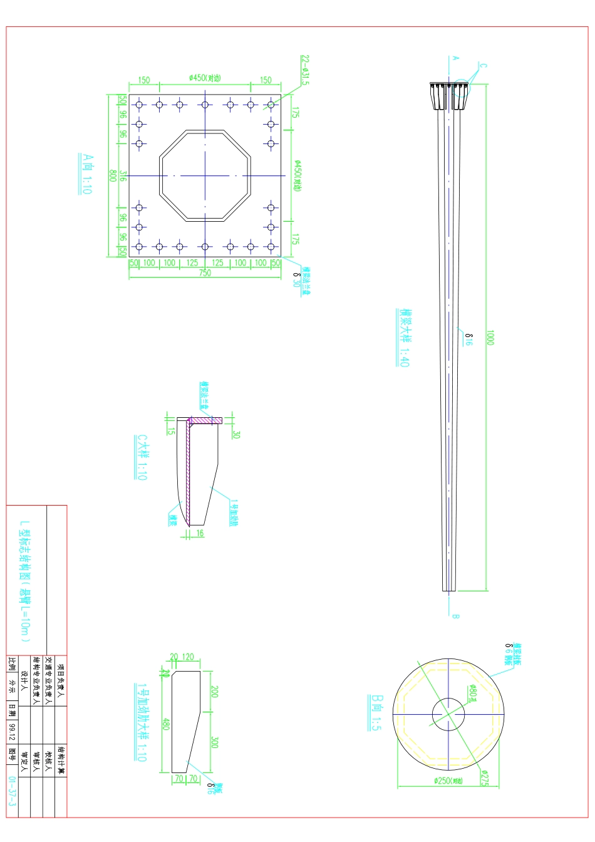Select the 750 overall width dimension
point(205,273)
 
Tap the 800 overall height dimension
point(113,175)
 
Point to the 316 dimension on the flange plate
point(123,176)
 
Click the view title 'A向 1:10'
point(87,174)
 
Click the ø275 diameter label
point(484,779)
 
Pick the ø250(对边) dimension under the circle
point(448,781)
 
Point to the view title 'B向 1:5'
point(376,712)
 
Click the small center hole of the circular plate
point(448,714)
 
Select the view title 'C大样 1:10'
point(142,457)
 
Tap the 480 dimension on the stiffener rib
point(166,724)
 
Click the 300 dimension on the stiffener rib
point(214,742)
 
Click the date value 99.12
point(13,730)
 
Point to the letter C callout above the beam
point(483,65)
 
